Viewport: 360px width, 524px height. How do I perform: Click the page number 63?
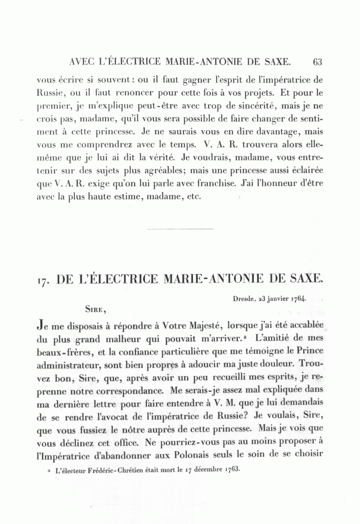[318, 62]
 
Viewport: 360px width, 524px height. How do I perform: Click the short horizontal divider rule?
[181, 229]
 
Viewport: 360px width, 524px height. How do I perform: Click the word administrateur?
[65, 365]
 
